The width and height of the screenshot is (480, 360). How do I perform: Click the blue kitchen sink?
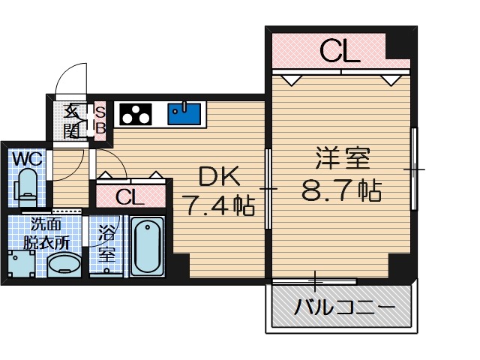point(184,113)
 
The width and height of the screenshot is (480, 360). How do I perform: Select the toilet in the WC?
point(27,187)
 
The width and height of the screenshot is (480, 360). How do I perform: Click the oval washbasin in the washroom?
point(64,265)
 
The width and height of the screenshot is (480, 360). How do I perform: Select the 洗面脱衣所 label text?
point(46,232)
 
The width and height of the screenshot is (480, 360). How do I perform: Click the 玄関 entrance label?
point(72,120)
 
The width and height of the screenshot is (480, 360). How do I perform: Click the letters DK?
point(218,177)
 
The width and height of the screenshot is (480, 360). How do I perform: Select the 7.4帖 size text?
point(218,204)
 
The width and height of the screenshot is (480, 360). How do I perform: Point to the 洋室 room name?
point(342,160)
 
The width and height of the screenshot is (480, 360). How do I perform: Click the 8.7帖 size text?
point(342,190)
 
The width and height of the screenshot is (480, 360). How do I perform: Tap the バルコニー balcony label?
point(344,307)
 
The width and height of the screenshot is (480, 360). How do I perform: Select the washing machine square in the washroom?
point(20,265)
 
